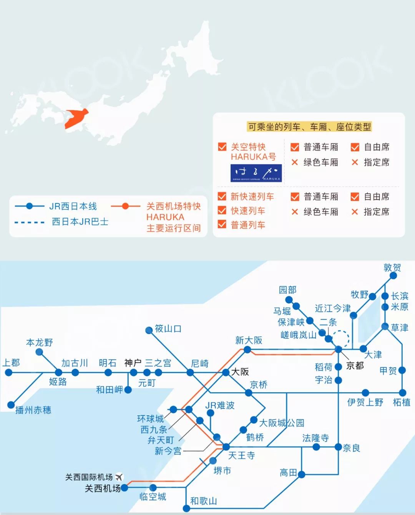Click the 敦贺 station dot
coord(393,276)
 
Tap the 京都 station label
coord(355,365)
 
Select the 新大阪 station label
coord(249,340)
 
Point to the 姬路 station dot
coord(58,373)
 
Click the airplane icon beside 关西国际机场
coord(120,477)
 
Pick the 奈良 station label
coord(351,448)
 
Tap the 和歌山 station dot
coord(186,508)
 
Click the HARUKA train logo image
coord(256,173)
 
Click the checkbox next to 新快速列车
coord(222,197)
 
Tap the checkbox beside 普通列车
coord(222,224)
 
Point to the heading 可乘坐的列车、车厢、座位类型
coord(310,127)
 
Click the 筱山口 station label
coord(168,329)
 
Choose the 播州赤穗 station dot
coord(11,405)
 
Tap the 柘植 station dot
coord(402,393)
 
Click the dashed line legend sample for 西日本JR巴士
coord(30,222)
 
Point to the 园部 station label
coord(287,290)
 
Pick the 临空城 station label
coord(153,497)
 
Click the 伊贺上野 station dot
coord(365,393)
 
